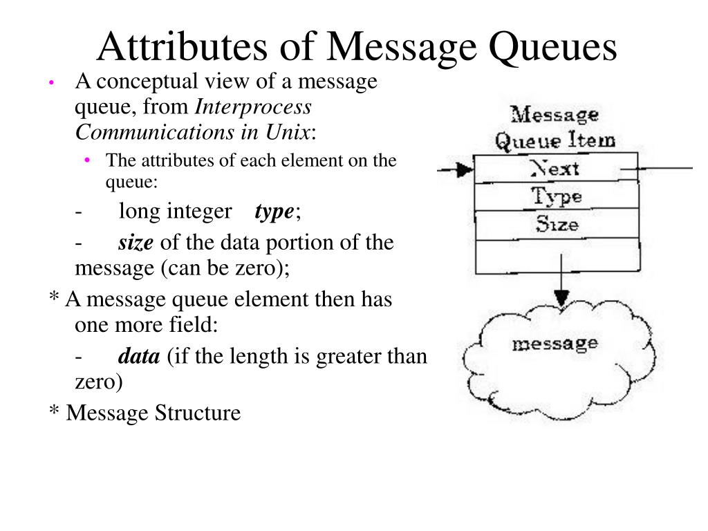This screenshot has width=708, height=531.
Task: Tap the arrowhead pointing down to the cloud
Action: coord(561,297)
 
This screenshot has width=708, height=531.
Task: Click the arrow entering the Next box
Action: coord(456,169)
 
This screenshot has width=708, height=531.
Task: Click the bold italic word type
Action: coord(274,212)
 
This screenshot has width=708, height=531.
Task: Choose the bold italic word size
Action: coord(136,243)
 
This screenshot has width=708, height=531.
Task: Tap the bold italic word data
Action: coord(139,357)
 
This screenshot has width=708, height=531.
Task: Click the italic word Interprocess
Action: coord(254,107)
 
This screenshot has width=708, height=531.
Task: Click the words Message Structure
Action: coord(153,413)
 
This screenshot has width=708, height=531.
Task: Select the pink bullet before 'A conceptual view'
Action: coord(51,83)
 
